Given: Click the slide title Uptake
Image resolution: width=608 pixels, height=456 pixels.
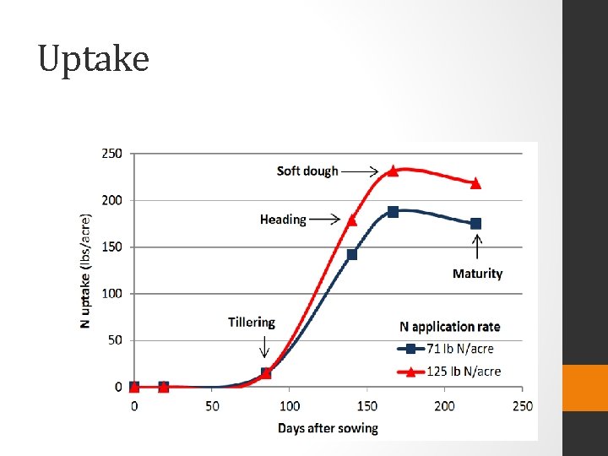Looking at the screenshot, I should coord(94,59).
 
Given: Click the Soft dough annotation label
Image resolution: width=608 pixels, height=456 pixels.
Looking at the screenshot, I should coord(307,171).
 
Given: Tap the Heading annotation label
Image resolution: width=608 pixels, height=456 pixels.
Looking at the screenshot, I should coord(283,220).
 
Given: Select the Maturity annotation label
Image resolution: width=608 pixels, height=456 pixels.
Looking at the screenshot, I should coord(477,274).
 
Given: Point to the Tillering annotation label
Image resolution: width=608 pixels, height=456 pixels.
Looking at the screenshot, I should coord(252,322).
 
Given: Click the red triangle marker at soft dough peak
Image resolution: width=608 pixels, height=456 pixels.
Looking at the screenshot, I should coord(393,171).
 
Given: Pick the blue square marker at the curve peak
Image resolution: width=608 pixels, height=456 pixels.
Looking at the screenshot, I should coord(393,212).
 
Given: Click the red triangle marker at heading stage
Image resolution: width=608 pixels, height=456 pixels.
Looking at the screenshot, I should coord(352,220).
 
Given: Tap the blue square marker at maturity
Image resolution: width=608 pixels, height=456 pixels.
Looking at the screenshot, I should coord(475,224).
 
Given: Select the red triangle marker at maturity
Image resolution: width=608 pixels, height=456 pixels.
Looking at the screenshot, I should coord(475,183).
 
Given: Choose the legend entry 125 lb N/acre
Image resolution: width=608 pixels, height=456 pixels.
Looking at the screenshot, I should coord(464,372).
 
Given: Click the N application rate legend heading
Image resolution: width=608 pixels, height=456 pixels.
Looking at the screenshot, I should coord(449,327).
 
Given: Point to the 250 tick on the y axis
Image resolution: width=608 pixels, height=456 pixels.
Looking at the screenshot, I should coord(112,154).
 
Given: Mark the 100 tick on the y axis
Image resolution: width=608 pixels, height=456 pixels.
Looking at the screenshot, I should coord(112,294).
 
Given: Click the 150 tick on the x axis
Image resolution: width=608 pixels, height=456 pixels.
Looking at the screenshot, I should coord(367,406).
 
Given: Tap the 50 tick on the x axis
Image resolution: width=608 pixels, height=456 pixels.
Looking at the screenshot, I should coord(212,406).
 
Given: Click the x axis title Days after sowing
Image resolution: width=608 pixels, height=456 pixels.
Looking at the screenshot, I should coord(328,428).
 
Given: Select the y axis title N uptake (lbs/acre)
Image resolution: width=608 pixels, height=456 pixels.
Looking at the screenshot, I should coord(86,270).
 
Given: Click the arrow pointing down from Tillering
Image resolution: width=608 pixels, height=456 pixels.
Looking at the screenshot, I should coord(263,346).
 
